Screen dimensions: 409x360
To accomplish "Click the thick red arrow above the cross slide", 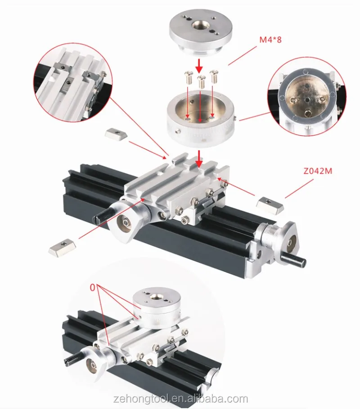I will click(x=199, y=159).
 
